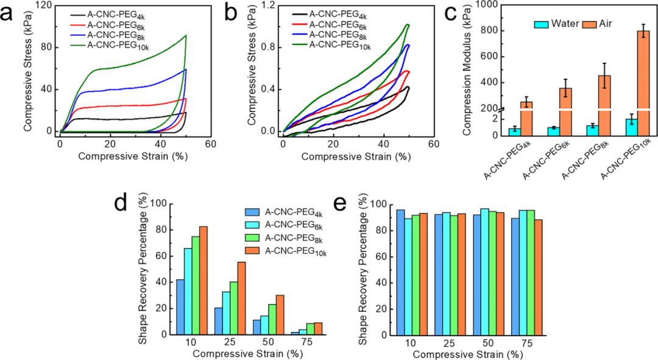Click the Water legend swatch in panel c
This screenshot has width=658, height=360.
click(x=542, y=24)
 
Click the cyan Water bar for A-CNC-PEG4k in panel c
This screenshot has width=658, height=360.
click(x=514, y=132)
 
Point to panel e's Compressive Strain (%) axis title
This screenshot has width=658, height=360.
click(x=468, y=353)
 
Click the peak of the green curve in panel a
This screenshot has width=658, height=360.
click(x=185, y=35)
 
